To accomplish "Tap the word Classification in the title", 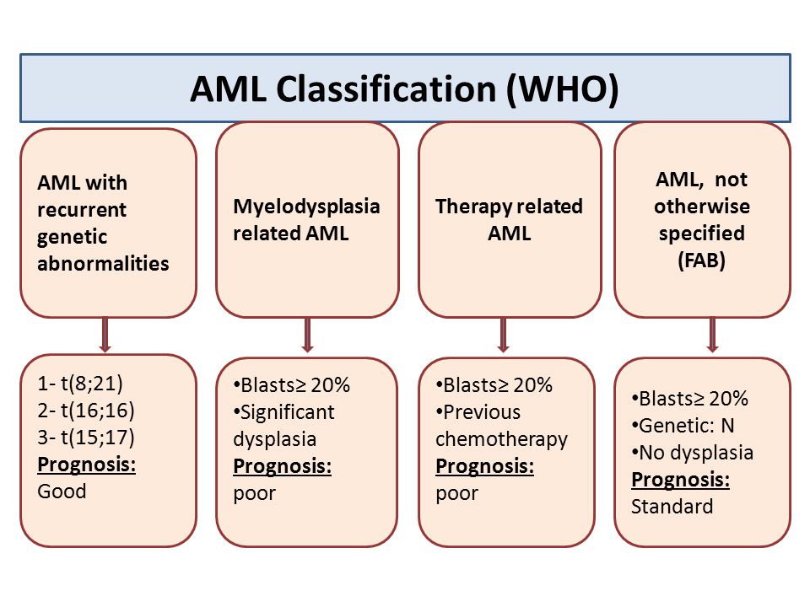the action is (x=386, y=89).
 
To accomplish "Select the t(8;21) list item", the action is (x=80, y=384).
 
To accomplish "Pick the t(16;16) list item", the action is (x=86, y=411).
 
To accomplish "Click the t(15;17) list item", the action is (x=86, y=438).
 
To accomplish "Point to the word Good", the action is (x=62, y=491).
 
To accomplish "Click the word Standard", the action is (x=672, y=507).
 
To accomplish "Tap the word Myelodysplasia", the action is (x=306, y=207).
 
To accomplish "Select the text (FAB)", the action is (x=701, y=261).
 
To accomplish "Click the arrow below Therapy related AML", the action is (x=504, y=335).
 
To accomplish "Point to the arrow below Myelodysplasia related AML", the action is (x=307, y=335).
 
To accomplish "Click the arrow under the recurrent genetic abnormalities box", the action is (x=105, y=335).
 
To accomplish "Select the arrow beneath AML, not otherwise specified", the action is (x=712, y=335).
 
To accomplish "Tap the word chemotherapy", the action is (x=501, y=439).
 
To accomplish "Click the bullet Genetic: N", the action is (x=683, y=426).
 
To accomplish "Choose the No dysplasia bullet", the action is (x=692, y=453).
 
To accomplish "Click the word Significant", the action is (x=287, y=412).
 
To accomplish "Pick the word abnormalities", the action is (x=103, y=263).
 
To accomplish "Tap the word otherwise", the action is (x=702, y=207).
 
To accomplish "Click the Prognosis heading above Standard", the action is (x=680, y=480).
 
